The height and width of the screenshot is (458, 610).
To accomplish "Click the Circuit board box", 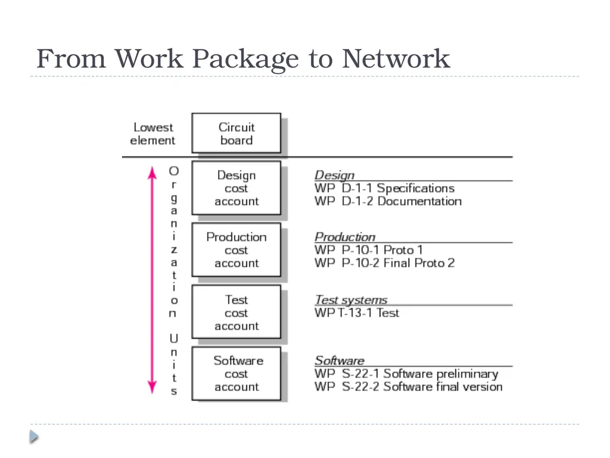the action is click(236, 133).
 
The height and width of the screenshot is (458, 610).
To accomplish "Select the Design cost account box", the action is click(236, 188).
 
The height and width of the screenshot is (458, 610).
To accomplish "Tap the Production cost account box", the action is click(236, 250).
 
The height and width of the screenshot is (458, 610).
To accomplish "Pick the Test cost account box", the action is click(236, 312).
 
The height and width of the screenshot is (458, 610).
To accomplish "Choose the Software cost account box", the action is click(236, 373).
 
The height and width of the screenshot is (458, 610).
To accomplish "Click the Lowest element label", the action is click(152, 134).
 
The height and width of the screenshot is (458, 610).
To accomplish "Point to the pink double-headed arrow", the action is click(152, 280).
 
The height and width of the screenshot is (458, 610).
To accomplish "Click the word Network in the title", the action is click(396, 58).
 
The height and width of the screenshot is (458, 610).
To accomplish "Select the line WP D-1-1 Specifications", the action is click(384, 188).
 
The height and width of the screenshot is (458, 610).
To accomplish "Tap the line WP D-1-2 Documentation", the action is click(388, 202).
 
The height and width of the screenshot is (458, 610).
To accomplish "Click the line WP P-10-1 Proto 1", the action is click(368, 250).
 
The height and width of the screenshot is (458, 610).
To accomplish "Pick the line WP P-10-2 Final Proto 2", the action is click(384, 263).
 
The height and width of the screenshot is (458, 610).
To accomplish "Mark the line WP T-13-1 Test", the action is click(357, 312).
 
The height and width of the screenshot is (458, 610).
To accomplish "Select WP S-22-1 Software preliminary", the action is click(406, 374).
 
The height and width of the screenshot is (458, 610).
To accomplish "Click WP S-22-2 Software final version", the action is click(409, 386).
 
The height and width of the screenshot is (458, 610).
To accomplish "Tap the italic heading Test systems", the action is click(351, 300).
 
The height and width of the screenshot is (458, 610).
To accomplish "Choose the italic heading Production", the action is click(345, 237).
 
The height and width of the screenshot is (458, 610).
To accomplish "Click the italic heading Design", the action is click(335, 175).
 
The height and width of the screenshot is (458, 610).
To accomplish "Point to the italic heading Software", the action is click(340, 361).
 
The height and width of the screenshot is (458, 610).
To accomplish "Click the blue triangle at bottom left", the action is click(34, 437).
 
